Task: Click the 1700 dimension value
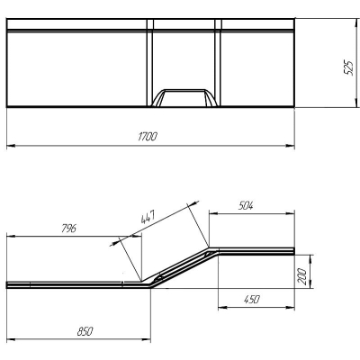(x=148, y=137)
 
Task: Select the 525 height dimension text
(x=348, y=67)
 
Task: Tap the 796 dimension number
(x=68, y=229)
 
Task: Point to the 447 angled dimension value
(x=148, y=217)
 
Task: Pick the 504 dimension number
(x=246, y=206)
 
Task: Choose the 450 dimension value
(x=251, y=299)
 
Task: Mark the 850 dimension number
(x=85, y=331)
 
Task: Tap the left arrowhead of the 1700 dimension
(x=11, y=146)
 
